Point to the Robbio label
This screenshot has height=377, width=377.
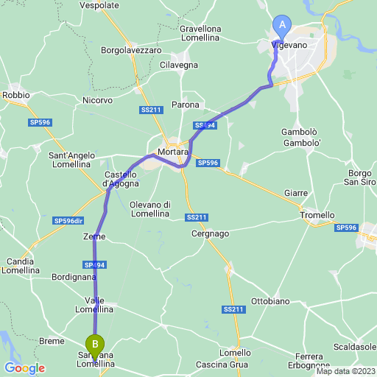[x=16, y=95]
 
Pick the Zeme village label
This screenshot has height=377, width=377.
[x=94, y=237]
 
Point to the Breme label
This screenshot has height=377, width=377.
[x=52, y=341]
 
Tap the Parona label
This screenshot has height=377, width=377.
[x=185, y=105]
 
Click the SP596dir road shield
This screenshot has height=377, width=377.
[x=68, y=220]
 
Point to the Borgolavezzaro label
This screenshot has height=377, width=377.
[x=132, y=50]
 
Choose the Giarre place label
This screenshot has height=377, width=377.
[x=296, y=193]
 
